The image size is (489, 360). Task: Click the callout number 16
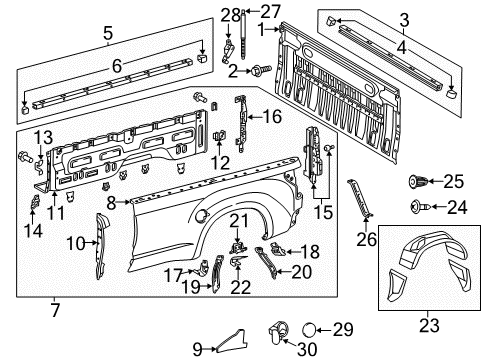click(x=272, y=117)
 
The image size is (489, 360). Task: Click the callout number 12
click(x=219, y=162)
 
